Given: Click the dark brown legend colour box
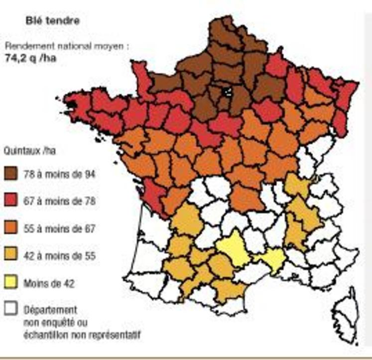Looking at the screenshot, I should [x=11, y=175].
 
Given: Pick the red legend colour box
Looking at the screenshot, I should [x=11, y=201].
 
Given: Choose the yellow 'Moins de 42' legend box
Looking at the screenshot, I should [x=11, y=283].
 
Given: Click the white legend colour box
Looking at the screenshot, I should [x=11, y=309].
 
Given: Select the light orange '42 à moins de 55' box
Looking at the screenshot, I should [x=11, y=256].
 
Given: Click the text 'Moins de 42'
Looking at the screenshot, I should [x=49, y=283].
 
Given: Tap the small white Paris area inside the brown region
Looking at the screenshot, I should [x=227, y=92].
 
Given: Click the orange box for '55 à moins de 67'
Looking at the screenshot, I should [x=11, y=229].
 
